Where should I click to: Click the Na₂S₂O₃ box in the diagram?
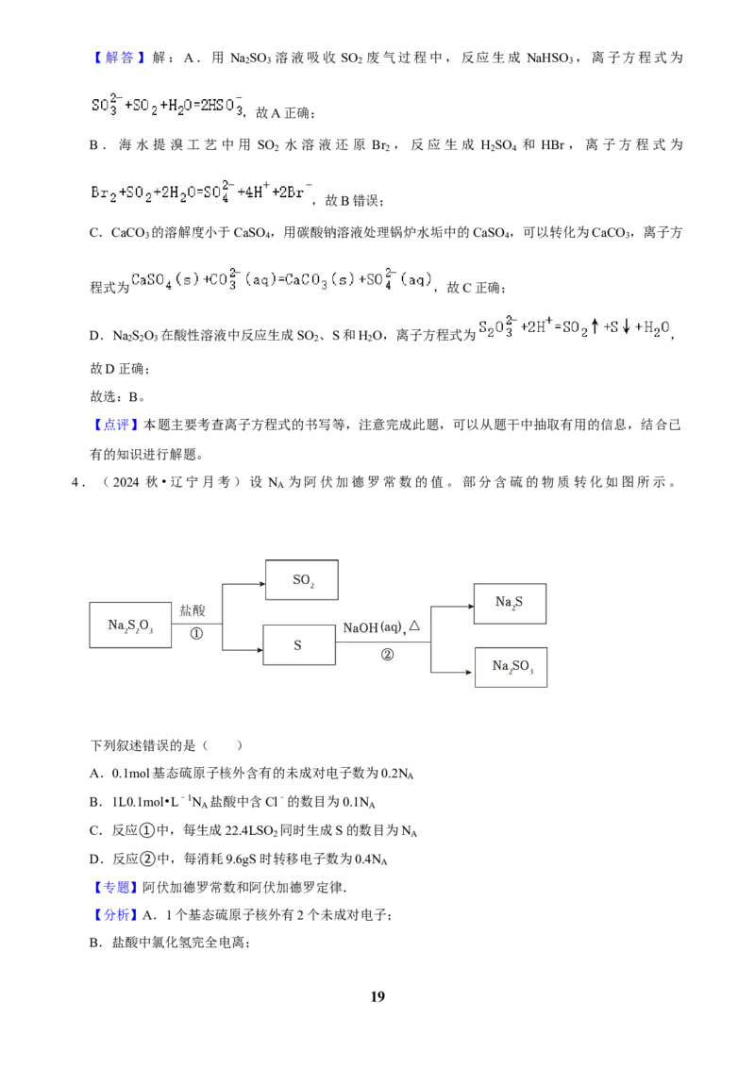[x=130, y=625]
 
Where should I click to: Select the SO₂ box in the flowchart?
[x=302, y=579]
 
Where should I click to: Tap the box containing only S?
[x=299, y=645]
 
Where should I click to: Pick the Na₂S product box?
[x=510, y=604]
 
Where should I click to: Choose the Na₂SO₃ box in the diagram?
[x=512, y=667]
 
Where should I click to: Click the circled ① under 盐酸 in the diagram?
[x=196, y=633]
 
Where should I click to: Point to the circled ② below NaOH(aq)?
[x=387, y=655]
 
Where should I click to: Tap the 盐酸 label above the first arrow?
[x=193, y=610]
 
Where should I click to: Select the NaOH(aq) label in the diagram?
[x=373, y=627]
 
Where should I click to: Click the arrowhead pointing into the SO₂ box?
[x=261, y=584]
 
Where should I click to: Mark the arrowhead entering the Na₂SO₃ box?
[x=469, y=673]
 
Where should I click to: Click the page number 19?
[x=377, y=996]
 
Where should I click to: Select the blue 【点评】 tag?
[x=116, y=425]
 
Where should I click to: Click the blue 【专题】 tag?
[x=116, y=887]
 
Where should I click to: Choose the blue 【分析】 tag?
[x=116, y=915]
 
